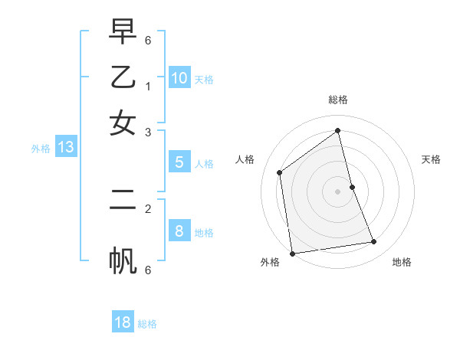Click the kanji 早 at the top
coord(123,33)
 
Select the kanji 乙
coord(123,77)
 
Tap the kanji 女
coord(123,123)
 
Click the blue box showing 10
coord(179,78)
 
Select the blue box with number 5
coord(179,162)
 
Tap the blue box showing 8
coord(179,231)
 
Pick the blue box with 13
coord(66,148)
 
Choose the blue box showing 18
coord(123,322)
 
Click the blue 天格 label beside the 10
coord(204,80)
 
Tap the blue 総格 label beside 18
coord(147,324)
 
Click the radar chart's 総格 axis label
coord(338,100)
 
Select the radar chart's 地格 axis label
coord(402,262)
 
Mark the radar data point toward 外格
coord(292,254)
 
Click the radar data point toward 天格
coord(353,187)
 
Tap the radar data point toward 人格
coord(280,172)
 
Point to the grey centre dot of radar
coord(338,191)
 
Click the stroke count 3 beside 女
coord(148,133)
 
